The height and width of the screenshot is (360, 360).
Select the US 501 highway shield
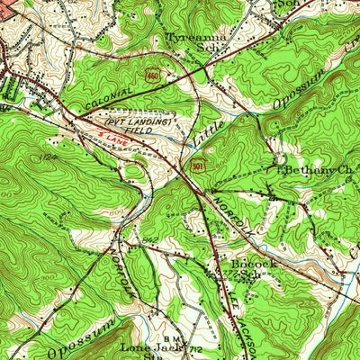coord(195,164)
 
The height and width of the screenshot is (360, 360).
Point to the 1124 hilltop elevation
coord(46,158)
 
